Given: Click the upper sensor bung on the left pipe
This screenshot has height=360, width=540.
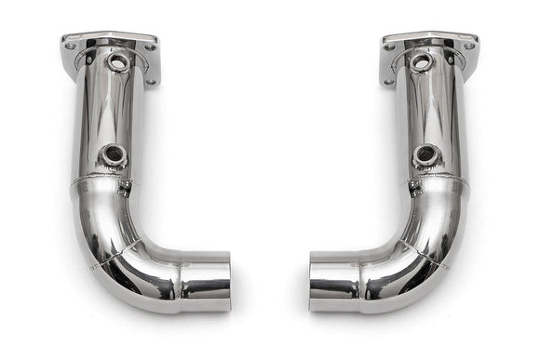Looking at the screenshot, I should click(x=118, y=62).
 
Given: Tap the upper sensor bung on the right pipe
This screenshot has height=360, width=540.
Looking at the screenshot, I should click(x=421, y=62).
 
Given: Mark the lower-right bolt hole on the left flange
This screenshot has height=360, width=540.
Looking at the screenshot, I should click(x=150, y=81).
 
